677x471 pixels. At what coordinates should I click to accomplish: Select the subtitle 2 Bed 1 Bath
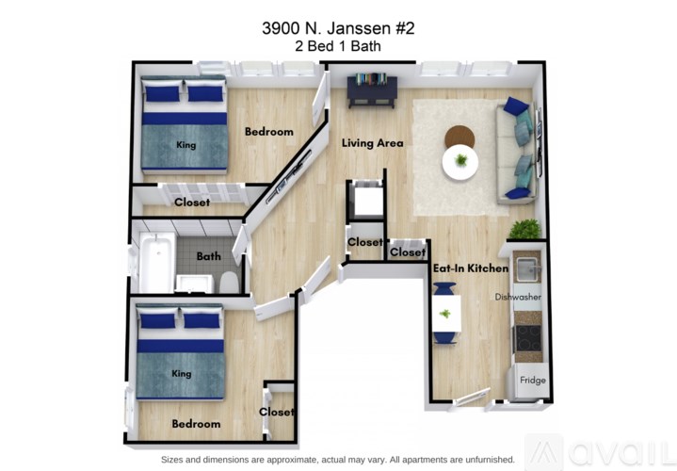coord(338,45)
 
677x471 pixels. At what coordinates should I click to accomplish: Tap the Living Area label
coord(372,143)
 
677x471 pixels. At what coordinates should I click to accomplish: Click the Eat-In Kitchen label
coord(471,268)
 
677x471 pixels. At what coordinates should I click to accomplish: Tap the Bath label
coord(208,256)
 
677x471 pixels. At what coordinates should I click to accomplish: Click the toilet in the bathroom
coord(228,282)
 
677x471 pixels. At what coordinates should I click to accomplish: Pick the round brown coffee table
coord(460,138)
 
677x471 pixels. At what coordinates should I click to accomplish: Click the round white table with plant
coord(460,162)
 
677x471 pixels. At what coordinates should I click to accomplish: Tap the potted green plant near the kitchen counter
coord(524,230)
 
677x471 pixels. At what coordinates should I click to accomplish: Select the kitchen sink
coord(527,268)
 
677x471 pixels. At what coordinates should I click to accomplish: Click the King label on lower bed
coord(182,374)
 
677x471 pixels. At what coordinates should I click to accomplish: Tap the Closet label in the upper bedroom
coord(192,203)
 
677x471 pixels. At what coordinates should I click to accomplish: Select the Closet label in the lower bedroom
coord(277,412)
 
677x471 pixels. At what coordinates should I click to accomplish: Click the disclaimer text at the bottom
coord(338,459)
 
